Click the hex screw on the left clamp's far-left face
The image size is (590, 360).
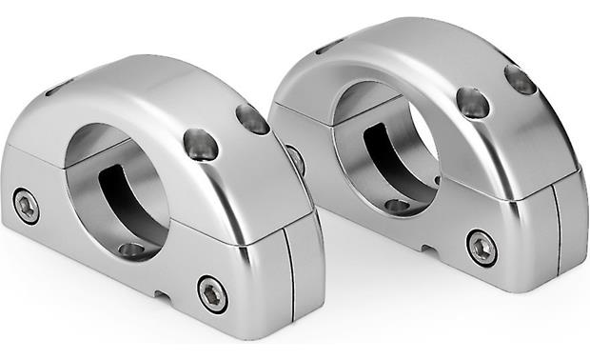(26, 206)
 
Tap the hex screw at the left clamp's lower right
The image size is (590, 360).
(212, 292)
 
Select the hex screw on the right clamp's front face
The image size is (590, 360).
(482, 247)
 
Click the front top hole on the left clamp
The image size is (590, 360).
(201, 144)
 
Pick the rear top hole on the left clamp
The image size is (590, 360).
(252, 119)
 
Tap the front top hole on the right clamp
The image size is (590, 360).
(473, 102)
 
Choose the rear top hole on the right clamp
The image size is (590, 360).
(521, 80)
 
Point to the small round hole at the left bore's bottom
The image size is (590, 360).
(132, 250)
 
